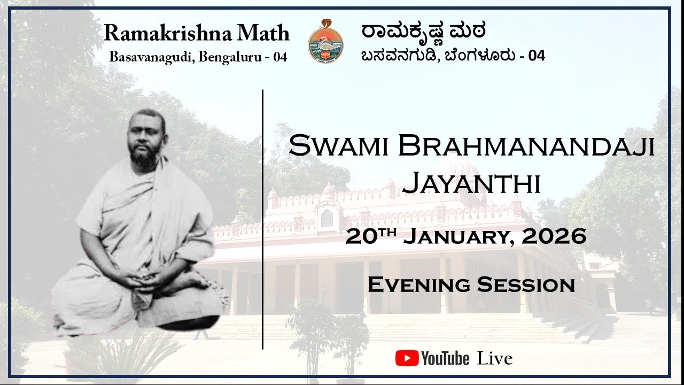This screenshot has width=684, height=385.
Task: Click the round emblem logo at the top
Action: click(325, 41)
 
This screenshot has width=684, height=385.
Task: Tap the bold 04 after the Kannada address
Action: click(537, 56)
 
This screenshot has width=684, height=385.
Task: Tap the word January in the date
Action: click(455, 236)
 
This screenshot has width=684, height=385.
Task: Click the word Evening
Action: click(417, 285)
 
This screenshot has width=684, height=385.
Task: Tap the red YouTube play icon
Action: click(407, 358)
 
